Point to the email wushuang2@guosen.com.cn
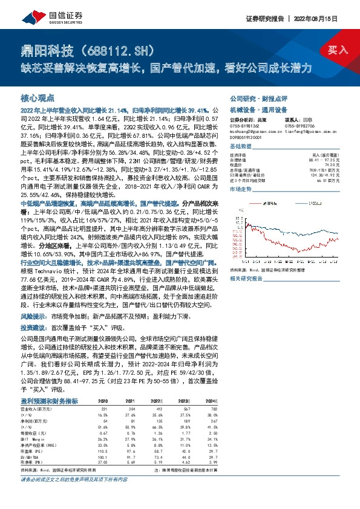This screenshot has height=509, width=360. tap(249, 129)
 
